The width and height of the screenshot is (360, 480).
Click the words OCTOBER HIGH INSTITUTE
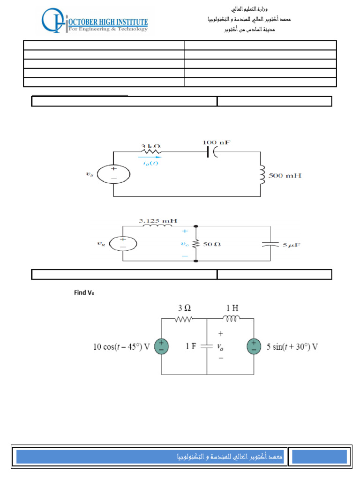click(x=108, y=22)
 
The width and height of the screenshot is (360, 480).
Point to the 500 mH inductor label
click(x=284, y=175)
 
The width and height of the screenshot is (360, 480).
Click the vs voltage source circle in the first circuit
click(x=114, y=175)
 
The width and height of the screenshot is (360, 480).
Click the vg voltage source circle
click(x=123, y=243)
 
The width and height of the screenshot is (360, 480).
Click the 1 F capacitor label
click(x=191, y=347)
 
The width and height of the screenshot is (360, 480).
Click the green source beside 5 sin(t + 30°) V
click(x=254, y=347)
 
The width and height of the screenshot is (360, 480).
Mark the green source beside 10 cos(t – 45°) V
click(x=161, y=347)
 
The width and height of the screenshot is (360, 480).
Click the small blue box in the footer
click(x=319, y=457)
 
